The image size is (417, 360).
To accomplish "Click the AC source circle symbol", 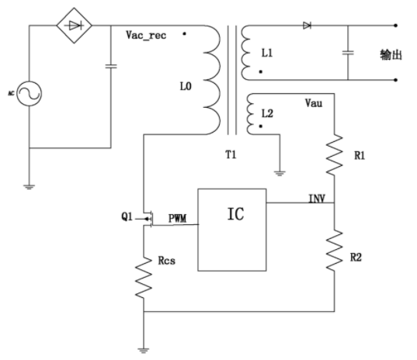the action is (x=29, y=94).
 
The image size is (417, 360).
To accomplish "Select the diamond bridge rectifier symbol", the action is (x=75, y=26).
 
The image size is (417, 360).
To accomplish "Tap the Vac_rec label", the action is (x=146, y=35).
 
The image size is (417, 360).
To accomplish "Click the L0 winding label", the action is (x=186, y=86).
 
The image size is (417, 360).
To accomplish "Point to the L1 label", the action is (x=267, y=53).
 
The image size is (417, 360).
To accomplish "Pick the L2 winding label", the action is (x=267, y=113).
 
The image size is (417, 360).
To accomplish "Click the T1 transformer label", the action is (x=231, y=154).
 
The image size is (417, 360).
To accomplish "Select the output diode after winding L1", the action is (x=307, y=26).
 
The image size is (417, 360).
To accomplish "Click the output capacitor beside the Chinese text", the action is (x=348, y=53).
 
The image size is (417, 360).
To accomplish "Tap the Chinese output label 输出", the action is (x=391, y=55).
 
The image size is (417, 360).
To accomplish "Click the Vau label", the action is (x=314, y=103).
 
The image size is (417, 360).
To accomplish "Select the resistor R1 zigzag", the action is (x=334, y=154).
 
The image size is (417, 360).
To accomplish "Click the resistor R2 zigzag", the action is (x=334, y=251).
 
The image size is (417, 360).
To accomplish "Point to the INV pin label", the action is (x=317, y=199).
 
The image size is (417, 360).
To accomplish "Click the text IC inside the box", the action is (x=235, y=214).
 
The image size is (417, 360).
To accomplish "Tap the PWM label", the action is (x=177, y=218).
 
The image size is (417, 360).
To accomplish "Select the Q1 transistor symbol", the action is (x=147, y=219).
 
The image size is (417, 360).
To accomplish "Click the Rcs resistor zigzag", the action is (x=144, y=277).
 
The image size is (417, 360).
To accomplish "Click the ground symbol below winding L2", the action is (x=280, y=174).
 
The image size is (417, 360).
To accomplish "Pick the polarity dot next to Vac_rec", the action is (x=184, y=33).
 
